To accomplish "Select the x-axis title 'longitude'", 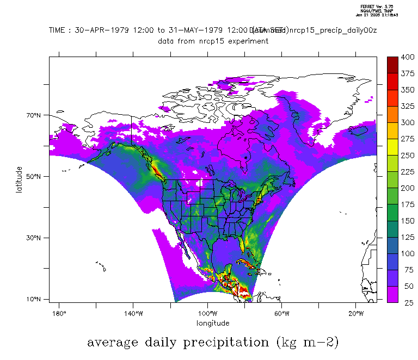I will (x=213, y=323).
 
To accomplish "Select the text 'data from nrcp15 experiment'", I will (x=213, y=41).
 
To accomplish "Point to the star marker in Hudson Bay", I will (x=245, y=157).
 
